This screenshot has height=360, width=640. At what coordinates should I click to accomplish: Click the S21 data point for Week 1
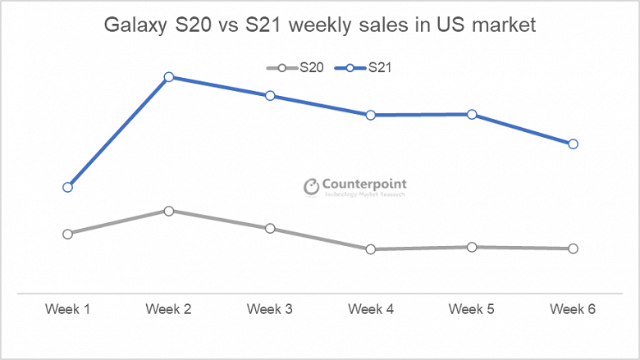pyautogui.click(x=67, y=187)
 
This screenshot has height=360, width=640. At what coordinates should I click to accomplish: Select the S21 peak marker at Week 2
pyautogui.click(x=168, y=77)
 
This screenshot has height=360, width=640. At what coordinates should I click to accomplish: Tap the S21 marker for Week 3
pyautogui.click(x=270, y=96)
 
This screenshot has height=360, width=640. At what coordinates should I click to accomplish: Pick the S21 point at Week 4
pyautogui.click(x=371, y=115)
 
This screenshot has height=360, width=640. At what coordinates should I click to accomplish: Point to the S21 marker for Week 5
pyautogui.click(x=472, y=114)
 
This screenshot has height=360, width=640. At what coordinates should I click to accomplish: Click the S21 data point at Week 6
pyautogui.click(x=574, y=144)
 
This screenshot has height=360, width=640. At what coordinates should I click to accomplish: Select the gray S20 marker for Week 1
pyautogui.click(x=67, y=234)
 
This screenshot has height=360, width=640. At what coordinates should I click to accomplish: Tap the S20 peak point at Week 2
pyautogui.click(x=168, y=211)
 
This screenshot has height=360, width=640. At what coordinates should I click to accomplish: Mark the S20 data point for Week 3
pyautogui.click(x=270, y=228)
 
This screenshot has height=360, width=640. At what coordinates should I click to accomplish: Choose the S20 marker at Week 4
pyautogui.click(x=371, y=249)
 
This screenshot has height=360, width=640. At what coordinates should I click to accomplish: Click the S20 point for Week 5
pyautogui.click(x=472, y=247)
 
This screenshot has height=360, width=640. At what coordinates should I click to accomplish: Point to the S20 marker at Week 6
pyautogui.click(x=574, y=248)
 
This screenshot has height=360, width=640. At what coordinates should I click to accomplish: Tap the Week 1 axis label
pyautogui.click(x=67, y=309)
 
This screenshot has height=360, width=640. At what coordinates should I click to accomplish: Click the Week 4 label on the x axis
pyautogui.click(x=371, y=309)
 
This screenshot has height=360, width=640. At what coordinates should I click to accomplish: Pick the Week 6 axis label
pyautogui.click(x=574, y=309)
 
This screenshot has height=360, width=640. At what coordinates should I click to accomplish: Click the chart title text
pyautogui.click(x=320, y=25)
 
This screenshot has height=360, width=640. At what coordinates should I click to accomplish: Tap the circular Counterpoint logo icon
pyautogui.click(x=311, y=187)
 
